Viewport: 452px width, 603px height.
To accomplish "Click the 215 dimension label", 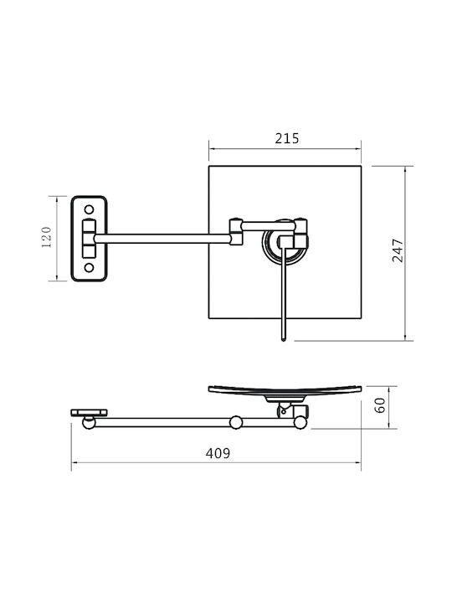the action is [287, 138].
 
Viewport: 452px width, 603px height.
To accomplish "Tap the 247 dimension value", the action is [398, 250].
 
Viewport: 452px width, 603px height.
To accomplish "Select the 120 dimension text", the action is [46, 237].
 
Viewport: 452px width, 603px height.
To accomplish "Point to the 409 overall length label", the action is [218, 453].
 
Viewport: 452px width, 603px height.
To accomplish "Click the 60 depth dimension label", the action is [380, 405].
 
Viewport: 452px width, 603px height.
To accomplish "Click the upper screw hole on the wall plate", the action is [89, 209].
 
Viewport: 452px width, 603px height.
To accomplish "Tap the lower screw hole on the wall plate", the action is [89, 267].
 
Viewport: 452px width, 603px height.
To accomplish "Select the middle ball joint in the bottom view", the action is [236, 422].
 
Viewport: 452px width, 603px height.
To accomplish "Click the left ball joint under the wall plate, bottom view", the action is [89, 423].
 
